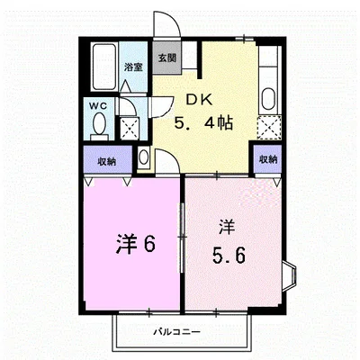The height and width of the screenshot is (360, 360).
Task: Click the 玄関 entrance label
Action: (166, 58)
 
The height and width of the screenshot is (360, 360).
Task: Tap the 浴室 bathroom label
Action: (133, 67)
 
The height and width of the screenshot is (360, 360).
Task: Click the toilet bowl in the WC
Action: (99, 123)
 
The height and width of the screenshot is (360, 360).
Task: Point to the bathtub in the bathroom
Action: (103, 67)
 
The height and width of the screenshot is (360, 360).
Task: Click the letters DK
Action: (200, 100)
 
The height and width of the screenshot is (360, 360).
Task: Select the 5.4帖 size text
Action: (203, 122)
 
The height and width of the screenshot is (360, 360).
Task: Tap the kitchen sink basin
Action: (268, 99)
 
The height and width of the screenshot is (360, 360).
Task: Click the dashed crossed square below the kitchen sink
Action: (269, 127)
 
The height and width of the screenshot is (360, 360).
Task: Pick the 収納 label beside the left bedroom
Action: (107, 162)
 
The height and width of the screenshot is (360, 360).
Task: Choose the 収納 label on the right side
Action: (268, 159)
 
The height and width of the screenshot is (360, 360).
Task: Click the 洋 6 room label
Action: (136, 243)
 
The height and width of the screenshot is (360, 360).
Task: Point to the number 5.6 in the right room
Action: (229, 256)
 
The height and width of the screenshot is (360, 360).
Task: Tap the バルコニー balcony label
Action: (176, 332)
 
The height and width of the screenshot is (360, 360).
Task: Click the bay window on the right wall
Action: (290, 275)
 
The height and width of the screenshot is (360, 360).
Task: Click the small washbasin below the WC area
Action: (144, 157)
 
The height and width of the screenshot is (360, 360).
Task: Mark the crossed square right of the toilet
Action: (130, 129)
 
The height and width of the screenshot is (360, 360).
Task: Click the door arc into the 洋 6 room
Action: (173, 157)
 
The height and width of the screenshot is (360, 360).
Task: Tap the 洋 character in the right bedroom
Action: (227, 228)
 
